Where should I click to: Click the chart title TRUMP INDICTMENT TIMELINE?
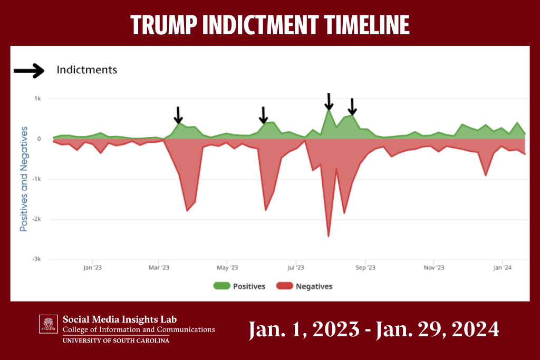pyautogui.click(x=269, y=24)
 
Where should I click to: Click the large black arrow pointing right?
pyautogui.click(x=29, y=71)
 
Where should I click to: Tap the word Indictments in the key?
pyautogui.click(x=86, y=70)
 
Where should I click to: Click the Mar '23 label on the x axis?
pyautogui.click(x=159, y=268)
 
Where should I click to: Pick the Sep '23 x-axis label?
pyautogui.click(x=365, y=268)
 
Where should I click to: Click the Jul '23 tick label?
pyautogui.click(x=295, y=268)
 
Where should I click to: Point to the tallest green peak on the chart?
pyautogui.click(x=329, y=110)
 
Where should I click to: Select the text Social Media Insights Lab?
pyautogui.click(x=120, y=319)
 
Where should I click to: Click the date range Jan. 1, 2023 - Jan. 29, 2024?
pyautogui.click(x=373, y=329)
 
